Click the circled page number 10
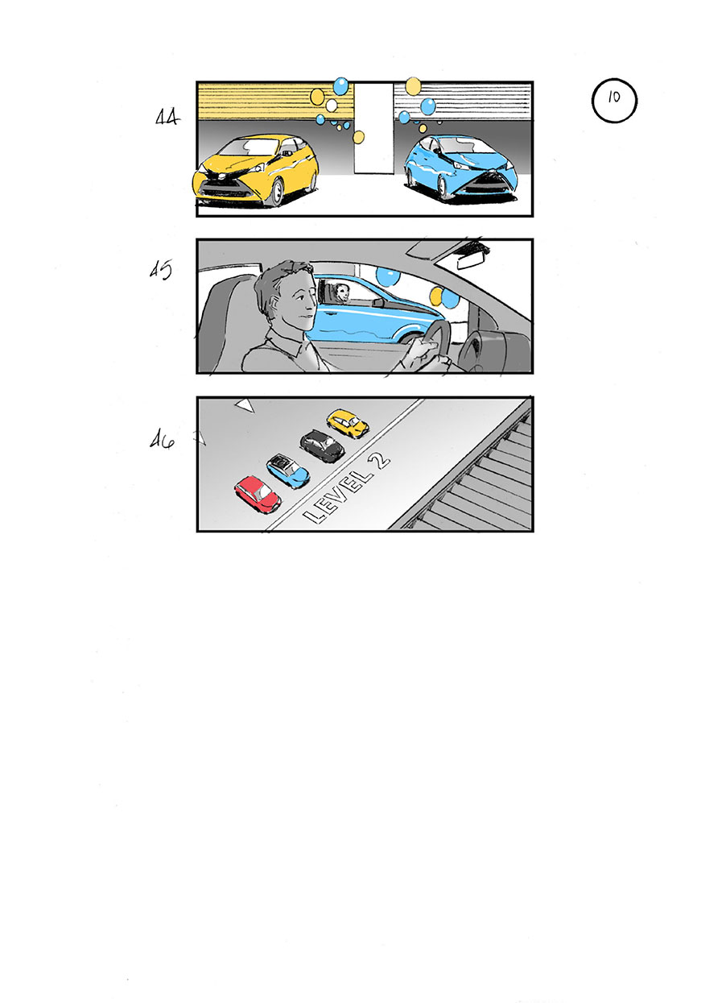pyautogui.click(x=614, y=102)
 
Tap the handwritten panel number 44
pyautogui.click(x=167, y=118)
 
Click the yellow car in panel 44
pyautogui.click(x=256, y=170)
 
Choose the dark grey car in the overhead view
pyautogui.click(x=322, y=445)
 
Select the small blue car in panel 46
pyautogui.click(x=288, y=470)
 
